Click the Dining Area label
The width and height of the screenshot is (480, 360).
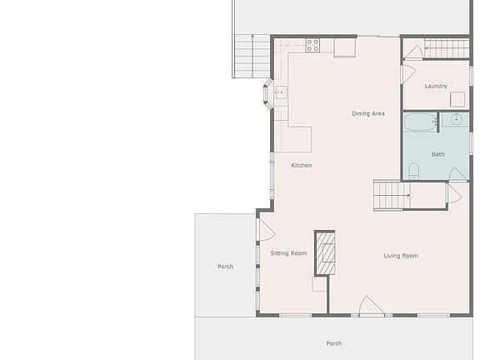tap(367, 113)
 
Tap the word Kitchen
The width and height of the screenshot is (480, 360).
tap(302, 165)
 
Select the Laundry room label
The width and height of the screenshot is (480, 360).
tap(435, 86)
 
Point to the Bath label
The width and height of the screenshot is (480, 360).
tap(437, 154)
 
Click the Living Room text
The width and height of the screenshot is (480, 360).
tap(401, 256)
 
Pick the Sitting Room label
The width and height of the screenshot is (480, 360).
tap(288, 253)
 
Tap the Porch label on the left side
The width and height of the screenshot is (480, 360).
tap(225, 267)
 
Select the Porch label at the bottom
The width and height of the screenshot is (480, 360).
tap(333, 343)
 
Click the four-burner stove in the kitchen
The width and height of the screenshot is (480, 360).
tap(313, 45)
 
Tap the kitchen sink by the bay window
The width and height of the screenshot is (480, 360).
tap(280, 92)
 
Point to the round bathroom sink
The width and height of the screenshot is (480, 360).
tap(456, 120)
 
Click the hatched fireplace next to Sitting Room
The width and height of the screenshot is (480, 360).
tap(324, 252)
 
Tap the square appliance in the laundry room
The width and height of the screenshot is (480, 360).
tap(457, 99)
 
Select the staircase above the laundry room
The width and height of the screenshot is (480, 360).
tap(445, 49)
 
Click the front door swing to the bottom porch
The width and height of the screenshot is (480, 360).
tap(371, 307)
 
